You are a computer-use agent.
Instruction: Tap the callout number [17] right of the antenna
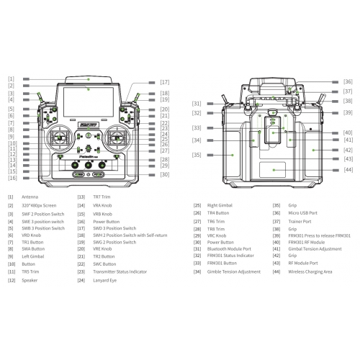pos(165,82)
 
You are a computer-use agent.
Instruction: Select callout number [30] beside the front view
pos(165,174)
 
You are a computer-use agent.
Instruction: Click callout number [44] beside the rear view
pos(348,169)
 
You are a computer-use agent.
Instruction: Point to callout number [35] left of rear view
pos(196,155)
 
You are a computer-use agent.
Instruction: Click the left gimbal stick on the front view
pos(60,138)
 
